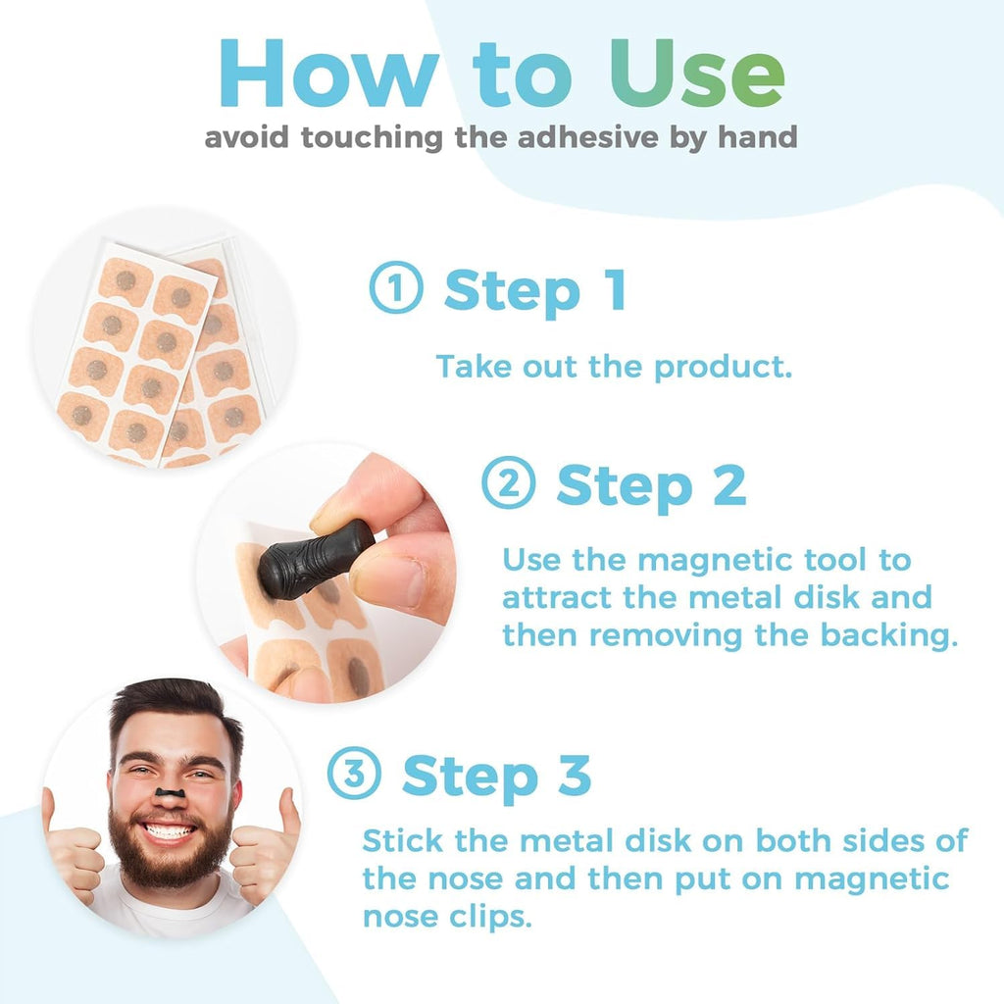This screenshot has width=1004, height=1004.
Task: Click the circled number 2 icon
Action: tap(509, 482)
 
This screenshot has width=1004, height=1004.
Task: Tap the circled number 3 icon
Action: tap(354, 775)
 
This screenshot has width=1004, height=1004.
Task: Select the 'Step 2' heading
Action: tap(651, 484)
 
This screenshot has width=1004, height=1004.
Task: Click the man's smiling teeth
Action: tap(170, 832)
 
